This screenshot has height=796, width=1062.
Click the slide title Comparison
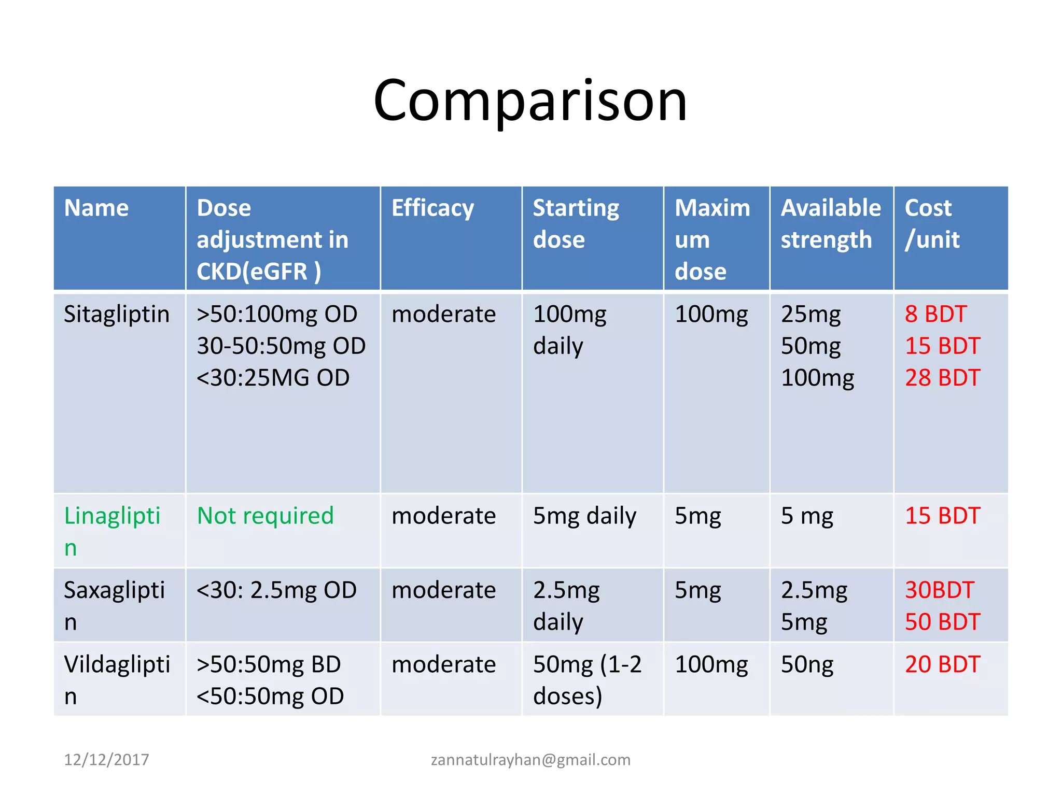(530, 101)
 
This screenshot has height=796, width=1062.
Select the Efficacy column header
(432, 208)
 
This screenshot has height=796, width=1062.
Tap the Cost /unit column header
(932, 224)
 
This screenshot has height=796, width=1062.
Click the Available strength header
(830, 224)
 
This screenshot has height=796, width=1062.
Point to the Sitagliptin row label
(117, 315)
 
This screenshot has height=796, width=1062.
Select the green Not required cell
(265, 516)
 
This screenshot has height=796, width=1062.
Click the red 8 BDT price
(935, 315)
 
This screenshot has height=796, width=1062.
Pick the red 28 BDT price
(942, 378)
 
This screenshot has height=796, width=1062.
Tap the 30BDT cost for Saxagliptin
(939, 590)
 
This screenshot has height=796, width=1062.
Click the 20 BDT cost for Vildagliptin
(942, 664)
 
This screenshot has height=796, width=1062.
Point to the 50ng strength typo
(807, 665)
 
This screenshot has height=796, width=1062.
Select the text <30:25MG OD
(273, 378)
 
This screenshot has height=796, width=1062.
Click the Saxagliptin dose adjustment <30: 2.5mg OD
(276, 590)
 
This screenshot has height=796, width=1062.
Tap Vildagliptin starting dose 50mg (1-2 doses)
(586, 680)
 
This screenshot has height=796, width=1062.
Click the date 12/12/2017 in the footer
(106, 760)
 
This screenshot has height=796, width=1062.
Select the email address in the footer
(530, 760)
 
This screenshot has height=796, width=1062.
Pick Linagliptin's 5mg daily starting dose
(584, 516)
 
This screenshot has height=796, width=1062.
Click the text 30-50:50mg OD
(281, 346)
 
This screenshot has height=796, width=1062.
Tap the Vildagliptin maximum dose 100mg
(711, 665)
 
